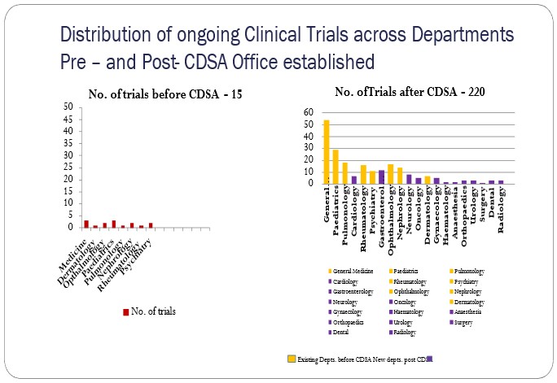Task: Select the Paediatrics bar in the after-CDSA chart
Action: (336, 166)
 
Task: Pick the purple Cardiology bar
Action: (354, 179)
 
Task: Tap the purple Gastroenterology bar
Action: (382, 176)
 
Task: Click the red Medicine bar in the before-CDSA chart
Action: (86, 224)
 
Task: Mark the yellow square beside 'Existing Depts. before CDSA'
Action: (291, 358)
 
